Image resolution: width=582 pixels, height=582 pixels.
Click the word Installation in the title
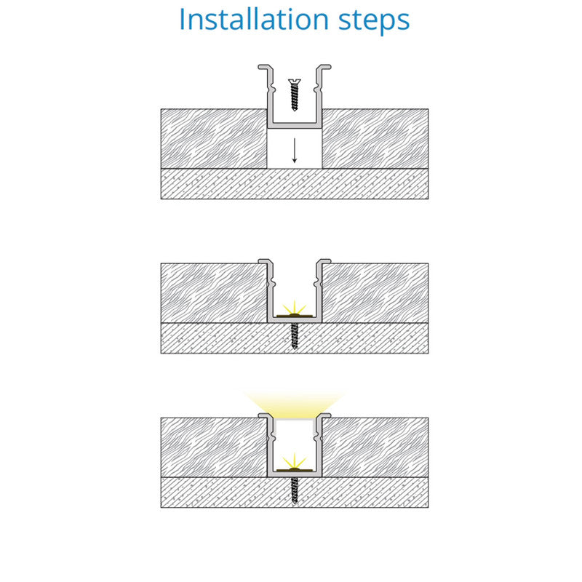point(254,19)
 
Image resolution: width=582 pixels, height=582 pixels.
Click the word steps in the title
point(374,21)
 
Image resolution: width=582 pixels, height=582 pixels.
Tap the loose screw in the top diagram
point(295,95)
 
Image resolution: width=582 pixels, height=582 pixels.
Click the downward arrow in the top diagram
point(295,151)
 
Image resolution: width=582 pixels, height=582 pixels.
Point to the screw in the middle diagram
point(295,336)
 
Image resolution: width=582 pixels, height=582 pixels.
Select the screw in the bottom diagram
point(295,490)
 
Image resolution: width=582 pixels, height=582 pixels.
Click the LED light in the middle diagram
point(295,311)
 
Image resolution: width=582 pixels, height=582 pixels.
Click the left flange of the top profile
point(265,67)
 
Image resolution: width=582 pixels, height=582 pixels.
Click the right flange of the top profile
point(324,67)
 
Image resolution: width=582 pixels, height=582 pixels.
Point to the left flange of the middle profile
point(265,261)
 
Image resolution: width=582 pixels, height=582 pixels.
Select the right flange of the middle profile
point(324,261)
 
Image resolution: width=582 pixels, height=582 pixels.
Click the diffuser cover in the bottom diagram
point(295,420)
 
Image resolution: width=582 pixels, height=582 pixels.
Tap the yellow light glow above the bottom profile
point(295,404)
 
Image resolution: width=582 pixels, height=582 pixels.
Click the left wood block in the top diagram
point(214,139)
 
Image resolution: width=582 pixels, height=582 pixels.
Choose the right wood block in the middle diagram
point(375,293)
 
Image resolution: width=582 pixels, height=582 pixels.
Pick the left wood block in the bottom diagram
point(214,447)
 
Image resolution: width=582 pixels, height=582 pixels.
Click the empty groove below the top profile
point(295,148)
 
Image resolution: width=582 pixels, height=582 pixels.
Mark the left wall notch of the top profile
point(271,89)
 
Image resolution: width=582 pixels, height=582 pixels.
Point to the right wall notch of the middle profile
point(317,284)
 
